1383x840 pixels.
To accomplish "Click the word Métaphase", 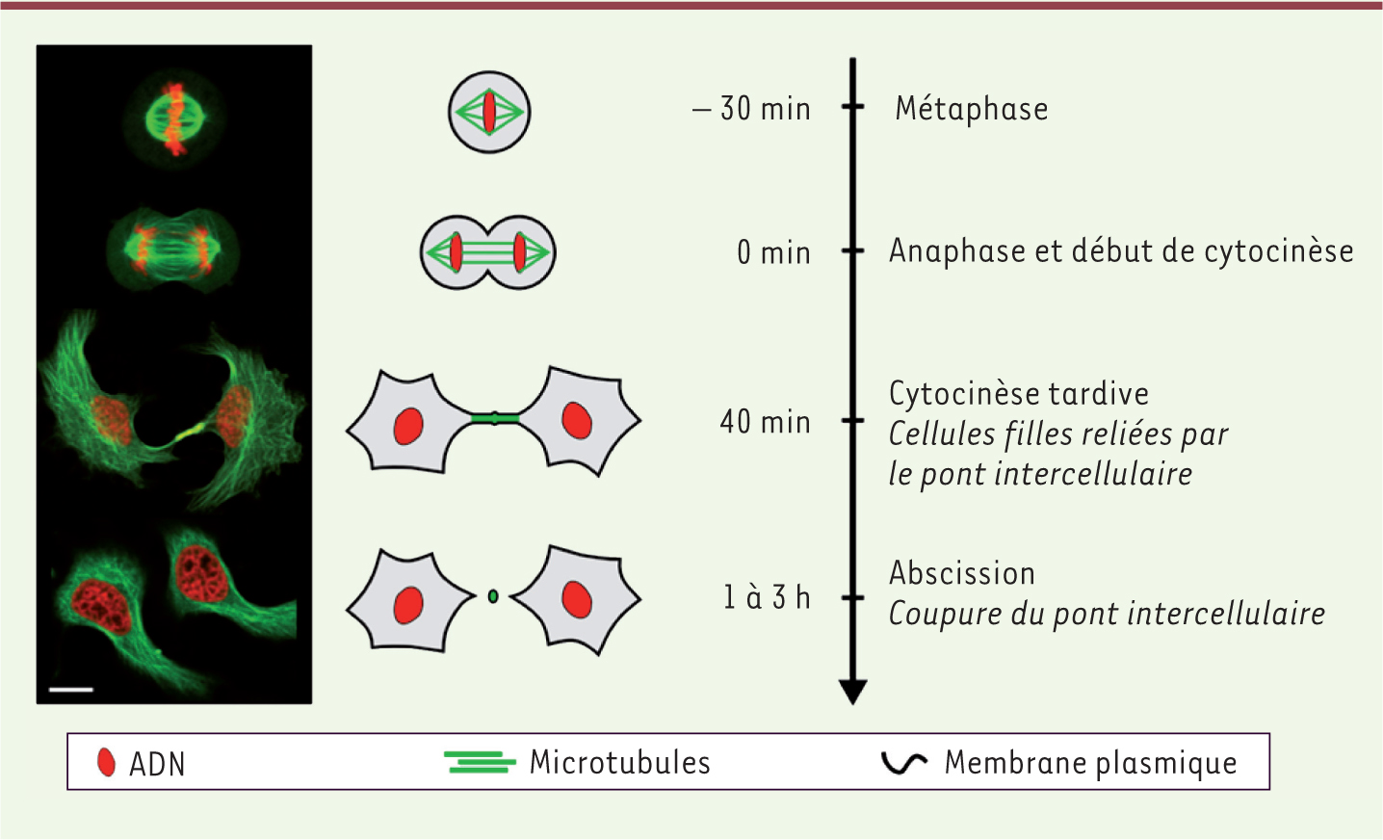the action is click(971, 109).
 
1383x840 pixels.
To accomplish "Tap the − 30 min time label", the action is click(751, 109).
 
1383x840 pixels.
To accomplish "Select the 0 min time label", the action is click(773, 252).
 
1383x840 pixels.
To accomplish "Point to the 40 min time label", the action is click(765, 422).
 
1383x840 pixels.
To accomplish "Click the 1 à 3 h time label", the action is click(767, 597).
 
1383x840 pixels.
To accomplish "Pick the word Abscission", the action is click(962, 572).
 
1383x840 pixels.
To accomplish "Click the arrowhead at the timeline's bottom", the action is click(852, 692).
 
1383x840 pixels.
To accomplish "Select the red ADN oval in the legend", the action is click(106, 762).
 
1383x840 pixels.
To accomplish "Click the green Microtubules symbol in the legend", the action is click(480, 762).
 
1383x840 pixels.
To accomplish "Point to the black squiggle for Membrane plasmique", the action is click(904, 763).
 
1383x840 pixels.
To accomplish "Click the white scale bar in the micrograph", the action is click(71, 690).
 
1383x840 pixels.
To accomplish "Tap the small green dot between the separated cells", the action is click(493, 596).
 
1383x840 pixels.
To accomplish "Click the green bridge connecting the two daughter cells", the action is click(494, 419).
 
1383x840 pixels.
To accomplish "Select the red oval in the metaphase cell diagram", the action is click(489, 112).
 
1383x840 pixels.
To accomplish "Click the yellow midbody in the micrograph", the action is click(191, 432).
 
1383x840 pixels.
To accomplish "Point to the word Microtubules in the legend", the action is click(620, 762).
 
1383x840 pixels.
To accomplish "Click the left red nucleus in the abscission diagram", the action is click(408, 605).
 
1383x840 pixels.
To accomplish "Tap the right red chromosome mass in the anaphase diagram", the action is click(519, 252).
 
